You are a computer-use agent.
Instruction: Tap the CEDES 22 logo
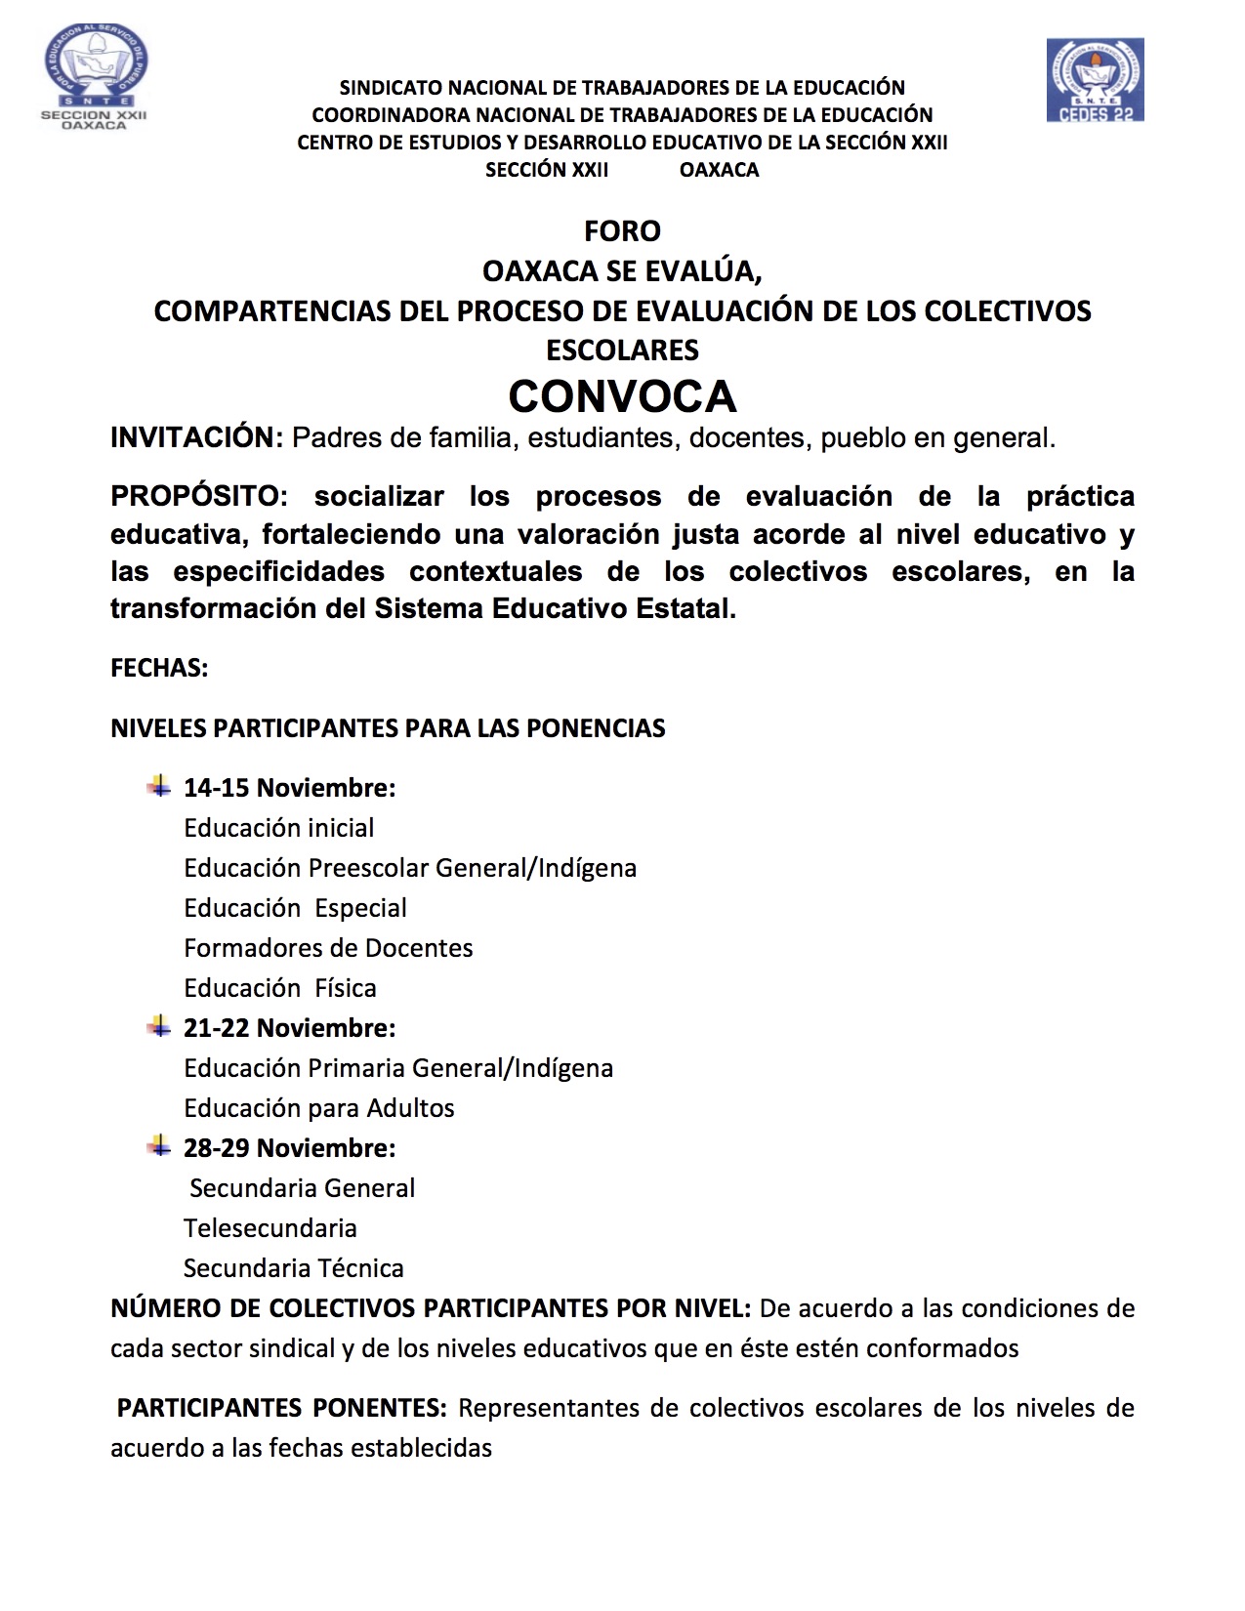click(1095, 80)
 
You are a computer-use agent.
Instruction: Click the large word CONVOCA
click(622, 396)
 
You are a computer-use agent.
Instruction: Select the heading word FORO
click(622, 231)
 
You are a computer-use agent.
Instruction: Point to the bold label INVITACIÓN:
click(196, 437)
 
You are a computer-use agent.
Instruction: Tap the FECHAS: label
click(159, 669)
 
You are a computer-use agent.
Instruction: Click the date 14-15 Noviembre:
click(289, 788)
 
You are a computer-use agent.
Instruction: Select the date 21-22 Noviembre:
click(289, 1028)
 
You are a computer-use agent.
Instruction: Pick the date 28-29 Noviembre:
click(289, 1148)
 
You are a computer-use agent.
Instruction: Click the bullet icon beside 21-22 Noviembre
click(158, 1026)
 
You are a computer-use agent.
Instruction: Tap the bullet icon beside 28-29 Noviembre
click(158, 1146)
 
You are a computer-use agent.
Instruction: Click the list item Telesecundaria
click(270, 1228)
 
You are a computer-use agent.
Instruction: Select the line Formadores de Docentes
click(328, 948)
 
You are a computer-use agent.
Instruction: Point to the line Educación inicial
click(278, 828)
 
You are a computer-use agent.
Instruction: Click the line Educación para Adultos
click(319, 1108)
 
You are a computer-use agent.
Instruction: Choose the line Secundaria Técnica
click(293, 1268)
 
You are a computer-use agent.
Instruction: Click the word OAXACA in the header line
click(719, 170)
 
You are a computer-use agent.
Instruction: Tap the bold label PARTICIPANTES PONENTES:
click(281, 1408)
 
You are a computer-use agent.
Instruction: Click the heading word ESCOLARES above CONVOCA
click(622, 351)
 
